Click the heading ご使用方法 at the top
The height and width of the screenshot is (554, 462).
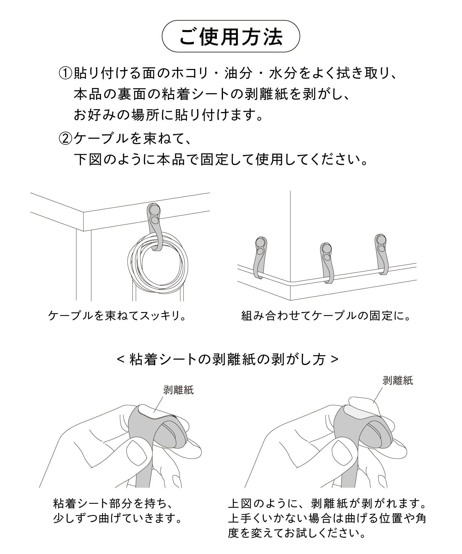[x=231, y=36]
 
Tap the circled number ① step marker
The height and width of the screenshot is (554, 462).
[x=66, y=74]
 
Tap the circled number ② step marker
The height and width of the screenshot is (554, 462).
[x=66, y=139]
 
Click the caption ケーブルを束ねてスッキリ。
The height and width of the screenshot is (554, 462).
[x=117, y=316]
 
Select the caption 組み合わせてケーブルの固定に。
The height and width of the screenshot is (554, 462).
[x=326, y=316]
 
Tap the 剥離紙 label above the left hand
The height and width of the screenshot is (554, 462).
[x=178, y=391]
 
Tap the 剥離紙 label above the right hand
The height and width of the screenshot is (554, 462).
[x=398, y=381]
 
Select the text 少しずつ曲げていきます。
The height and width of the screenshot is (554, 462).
[x=118, y=519]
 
